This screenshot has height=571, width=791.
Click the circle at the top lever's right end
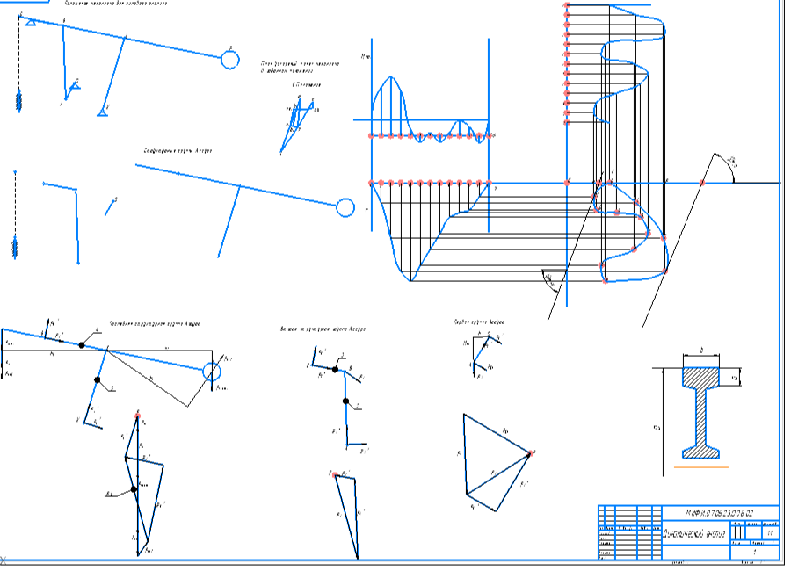pos(229,59)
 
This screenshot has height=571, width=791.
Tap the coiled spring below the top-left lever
pos(18,100)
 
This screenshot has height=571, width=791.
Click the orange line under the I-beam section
pos(700,467)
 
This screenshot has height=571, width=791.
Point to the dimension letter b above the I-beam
pos(700,351)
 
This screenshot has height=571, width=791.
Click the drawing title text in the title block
pos(694,533)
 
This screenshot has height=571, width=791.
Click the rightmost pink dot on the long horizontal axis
pos(702,183)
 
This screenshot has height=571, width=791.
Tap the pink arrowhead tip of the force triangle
pos(533,452)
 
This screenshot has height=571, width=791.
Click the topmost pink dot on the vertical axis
pos(567,6)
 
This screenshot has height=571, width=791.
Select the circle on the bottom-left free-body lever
pos(211,372)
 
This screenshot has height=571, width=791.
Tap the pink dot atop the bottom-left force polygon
pos(138,412)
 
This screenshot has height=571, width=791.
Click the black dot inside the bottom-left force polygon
pos(134,488)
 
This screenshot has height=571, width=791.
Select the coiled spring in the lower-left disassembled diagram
pos(15,246)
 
